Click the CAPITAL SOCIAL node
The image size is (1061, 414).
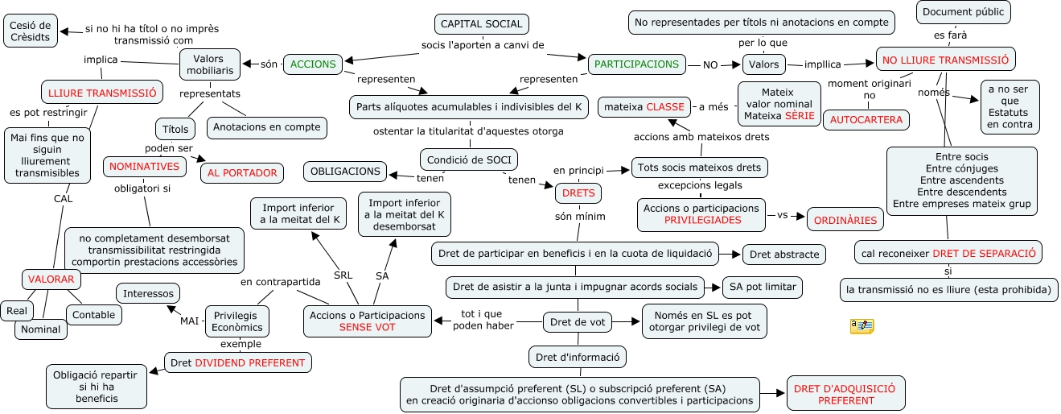(x=482, y=24)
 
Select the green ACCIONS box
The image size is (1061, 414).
(x=314, y=64)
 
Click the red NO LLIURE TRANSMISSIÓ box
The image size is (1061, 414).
(x=946, y=60)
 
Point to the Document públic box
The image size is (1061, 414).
(x=963, y=12)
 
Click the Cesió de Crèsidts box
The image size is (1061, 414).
(x=31, y=31)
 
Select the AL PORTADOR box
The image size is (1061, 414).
(x=242, y=172)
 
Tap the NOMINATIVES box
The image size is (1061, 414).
(x=144, y=166)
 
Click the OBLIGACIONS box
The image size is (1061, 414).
(x=345, y=171)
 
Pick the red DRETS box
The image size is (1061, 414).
(x=578, y=193)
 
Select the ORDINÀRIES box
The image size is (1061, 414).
(x=845, y=219)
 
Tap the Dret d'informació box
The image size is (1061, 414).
(x=578, y=356)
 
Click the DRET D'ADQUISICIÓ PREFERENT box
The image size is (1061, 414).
(x=845, y=394)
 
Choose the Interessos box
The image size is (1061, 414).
(x=148, y=293)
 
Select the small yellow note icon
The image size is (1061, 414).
(x=862, y=326)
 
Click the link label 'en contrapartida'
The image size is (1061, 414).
(x=281, y=282)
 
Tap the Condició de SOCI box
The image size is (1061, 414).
(x=469, y=159)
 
